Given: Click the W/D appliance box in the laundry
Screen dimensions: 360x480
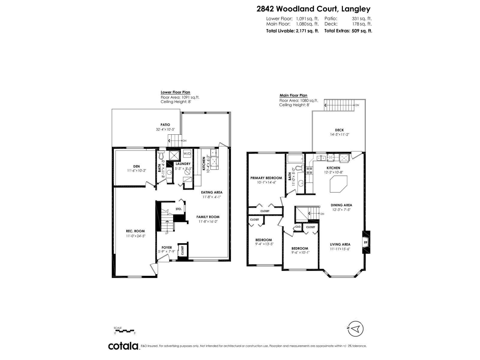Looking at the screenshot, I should pyautogui.click(x=187, y=154).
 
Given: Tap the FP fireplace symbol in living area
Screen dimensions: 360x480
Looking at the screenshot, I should pyautogui.click(x=365, y=242).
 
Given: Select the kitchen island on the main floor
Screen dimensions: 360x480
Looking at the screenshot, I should pyautogui.click(x=339, y=184).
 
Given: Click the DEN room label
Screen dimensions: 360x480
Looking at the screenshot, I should pyautogui.click(x=136, y=166).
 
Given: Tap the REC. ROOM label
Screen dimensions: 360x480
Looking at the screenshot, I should pyautogui.click(x=135, y=231).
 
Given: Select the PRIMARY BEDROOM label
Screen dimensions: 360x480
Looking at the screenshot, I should pyautogui.click(x=266, y=178).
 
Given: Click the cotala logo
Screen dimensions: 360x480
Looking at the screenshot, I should pyautogui.click(x=123, y=346).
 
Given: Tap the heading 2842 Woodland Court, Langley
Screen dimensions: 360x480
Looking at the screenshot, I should pyautogui.click(x=313, y=9).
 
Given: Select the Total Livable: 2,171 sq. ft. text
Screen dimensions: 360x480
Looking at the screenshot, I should pyautogui.click(x=292, y=31).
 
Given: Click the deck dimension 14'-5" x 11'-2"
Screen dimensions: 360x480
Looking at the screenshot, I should pyautogui.click(x=339, y=135).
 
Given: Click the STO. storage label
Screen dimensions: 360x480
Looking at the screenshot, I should pyautogui.click(x=178, y=209).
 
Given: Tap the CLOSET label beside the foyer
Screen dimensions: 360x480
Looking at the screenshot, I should pyautogui.click(x=182, y=250).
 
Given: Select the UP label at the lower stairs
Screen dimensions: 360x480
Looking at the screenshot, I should pyautogui.click(x=166, y=233).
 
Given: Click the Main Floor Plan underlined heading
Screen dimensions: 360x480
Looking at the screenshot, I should pyautogui.click(x=293, y=95).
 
